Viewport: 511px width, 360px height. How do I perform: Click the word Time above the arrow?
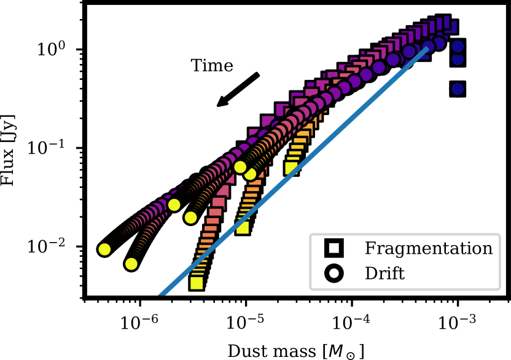point(212,66)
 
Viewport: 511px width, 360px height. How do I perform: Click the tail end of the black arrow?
point(257,76)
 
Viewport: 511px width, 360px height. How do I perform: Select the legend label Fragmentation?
point(428,249)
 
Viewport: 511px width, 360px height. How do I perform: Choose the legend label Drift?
point(384,273)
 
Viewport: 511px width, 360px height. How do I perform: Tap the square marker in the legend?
point(334,248)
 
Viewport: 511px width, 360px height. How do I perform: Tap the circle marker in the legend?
point(334,273)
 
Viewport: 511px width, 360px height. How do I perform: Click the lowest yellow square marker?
point(197,283)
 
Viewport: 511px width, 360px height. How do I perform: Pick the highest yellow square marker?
point(292,168)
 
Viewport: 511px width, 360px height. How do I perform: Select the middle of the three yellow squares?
point(243,227)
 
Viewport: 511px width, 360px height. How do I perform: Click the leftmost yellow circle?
point(104,249)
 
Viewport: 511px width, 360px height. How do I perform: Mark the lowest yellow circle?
point(131,264)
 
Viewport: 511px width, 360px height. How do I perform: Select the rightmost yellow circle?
point(250,174)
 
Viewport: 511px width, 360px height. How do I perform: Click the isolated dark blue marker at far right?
point(457,89)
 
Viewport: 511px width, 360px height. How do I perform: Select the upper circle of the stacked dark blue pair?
point(457,47)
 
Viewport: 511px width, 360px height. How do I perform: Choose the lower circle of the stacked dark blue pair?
point(457,59)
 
